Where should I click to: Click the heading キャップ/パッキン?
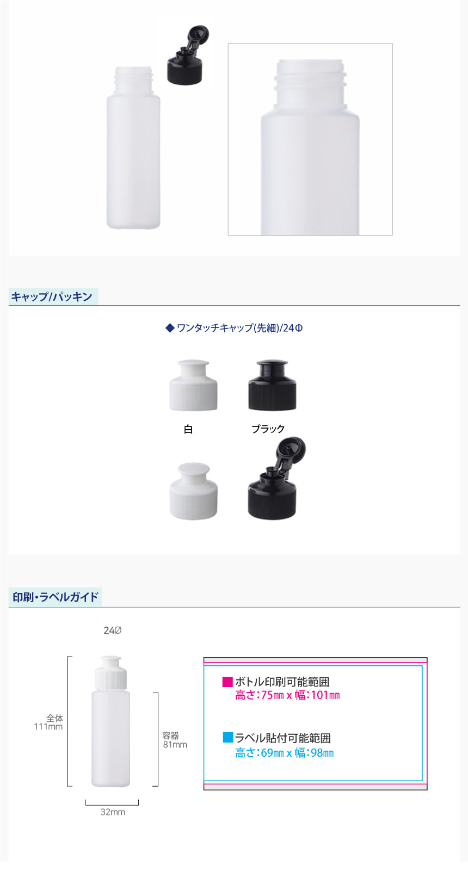[x=52, y=297]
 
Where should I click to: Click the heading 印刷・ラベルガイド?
[x=56, y=597]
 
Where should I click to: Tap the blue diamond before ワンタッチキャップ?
[x=170, y=328]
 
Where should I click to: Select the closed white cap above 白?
[x=193, y=385]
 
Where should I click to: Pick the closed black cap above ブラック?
[x=272, y=385]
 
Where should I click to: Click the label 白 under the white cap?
[x=188, y=429]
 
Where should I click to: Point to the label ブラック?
[x=268, y=429]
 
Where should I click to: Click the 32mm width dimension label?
[x=113, y=812]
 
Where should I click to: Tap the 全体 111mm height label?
[x=48, y=722]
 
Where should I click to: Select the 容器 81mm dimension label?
[x=175, y=740]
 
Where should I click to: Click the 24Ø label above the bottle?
[x=113, y=630]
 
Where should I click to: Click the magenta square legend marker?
[x=228, y=682]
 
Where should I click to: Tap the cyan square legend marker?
[x=228, y=737]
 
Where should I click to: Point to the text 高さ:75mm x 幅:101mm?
[x=287, y=695]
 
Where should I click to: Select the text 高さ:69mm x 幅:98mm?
[x=285, y=753]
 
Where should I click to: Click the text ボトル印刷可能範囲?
[x=282, y=682]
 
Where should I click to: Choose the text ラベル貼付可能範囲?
[x=283, y=738]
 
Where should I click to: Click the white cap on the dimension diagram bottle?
[x=110, y=672]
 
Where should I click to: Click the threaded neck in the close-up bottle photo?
[x=310, y=82]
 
